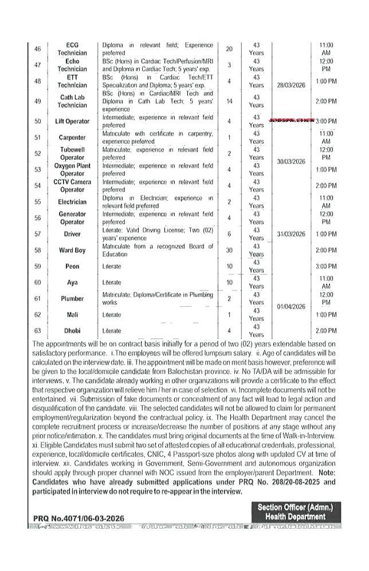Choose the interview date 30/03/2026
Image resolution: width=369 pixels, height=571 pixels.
[288, 162]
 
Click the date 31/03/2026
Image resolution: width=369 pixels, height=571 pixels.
[288, 234]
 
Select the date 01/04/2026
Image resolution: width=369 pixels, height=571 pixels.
[288, 306]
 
